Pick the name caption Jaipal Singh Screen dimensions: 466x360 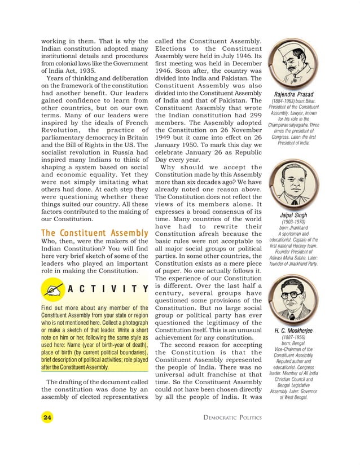tap(293, 215)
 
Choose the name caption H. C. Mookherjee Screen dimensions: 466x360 tap(293, 331)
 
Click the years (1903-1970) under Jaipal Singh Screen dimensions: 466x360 tap(293, 222)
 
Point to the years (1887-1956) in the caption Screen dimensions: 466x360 tap(293, 338)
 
